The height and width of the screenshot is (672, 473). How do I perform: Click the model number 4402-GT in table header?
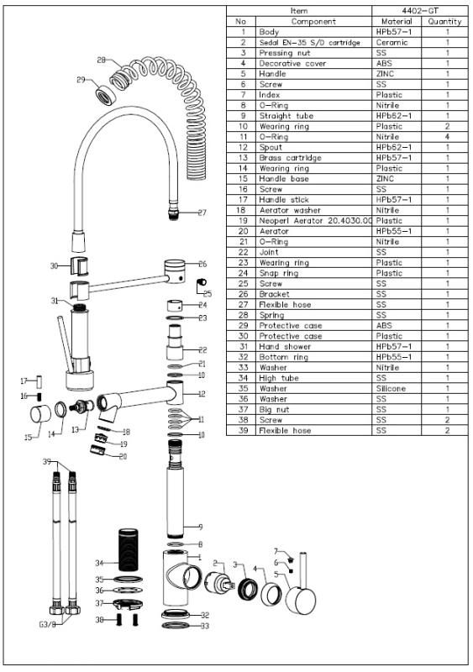(x=418, y=11)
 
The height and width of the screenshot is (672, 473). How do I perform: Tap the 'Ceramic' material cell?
(x=392, y=42)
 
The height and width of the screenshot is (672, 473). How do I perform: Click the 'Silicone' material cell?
(x=392, y=389)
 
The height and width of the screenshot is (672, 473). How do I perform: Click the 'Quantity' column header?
(x=444, y=21)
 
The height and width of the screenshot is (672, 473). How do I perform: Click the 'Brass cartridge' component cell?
(x=287, y=158)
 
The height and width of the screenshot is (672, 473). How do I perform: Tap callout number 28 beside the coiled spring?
(x=101, y=60)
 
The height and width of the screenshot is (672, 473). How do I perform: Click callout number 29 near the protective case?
(x=81, y=80)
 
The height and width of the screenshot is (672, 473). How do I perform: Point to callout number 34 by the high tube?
(x=99, y=563)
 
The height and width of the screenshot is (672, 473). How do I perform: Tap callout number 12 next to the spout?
(x=202, y=393)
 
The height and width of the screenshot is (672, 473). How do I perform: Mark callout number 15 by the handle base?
(x=28, y=437)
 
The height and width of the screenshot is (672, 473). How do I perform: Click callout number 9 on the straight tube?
(x=200, y=527)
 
